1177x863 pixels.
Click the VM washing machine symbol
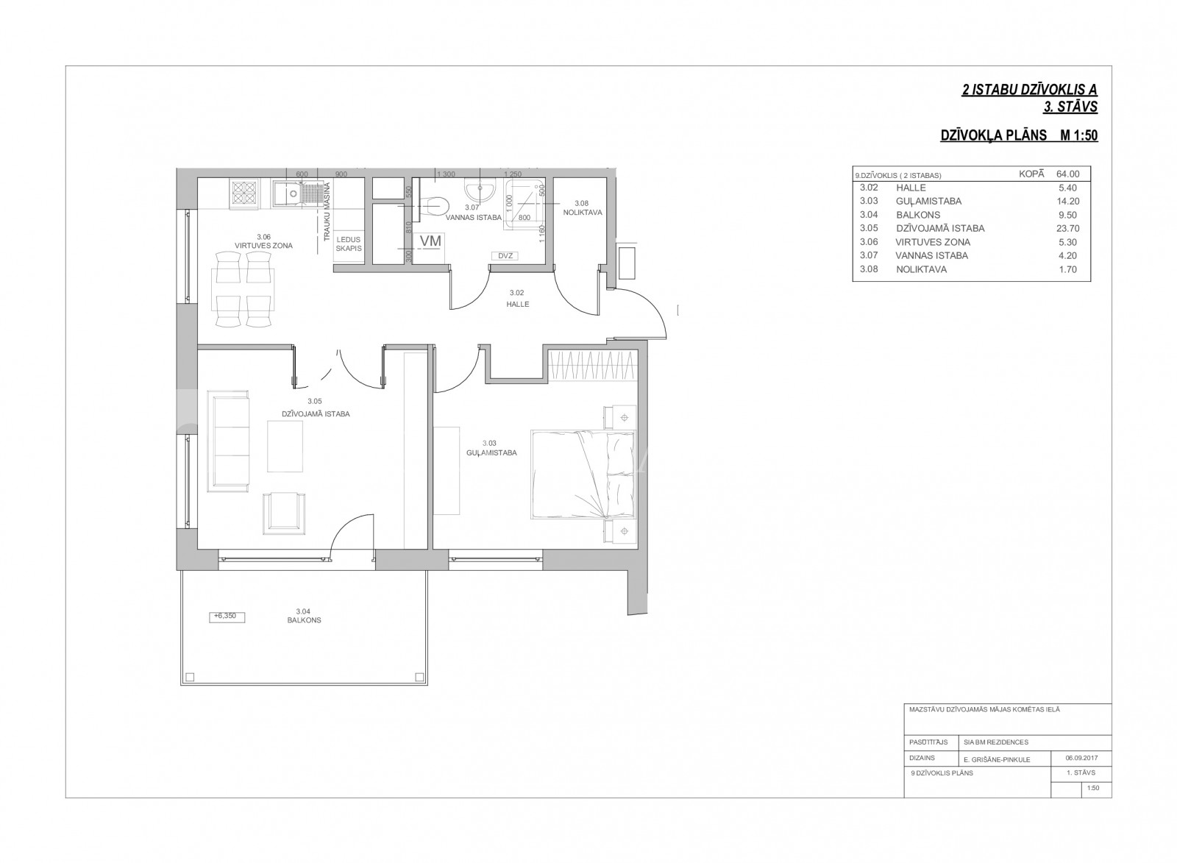click(430, 241)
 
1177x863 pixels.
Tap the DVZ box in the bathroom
click(505, 256)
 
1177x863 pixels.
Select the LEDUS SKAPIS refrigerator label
click(349, 244)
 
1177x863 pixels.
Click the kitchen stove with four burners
click(245, 193)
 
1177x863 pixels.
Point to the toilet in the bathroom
click(433, 206)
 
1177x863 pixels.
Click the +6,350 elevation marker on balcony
click(227, 617)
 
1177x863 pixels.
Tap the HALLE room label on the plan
click(518, 305)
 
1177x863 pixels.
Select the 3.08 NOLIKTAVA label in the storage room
click(582, 208)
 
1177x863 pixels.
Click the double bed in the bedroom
click(583, 475)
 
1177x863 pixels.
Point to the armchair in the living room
click(284, 513)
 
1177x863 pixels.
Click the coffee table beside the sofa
click(285, 447)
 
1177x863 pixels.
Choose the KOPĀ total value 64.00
click(1067, 174)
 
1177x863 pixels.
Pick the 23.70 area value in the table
click(1067, 229)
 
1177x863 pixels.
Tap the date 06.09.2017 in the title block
click(1081, 759)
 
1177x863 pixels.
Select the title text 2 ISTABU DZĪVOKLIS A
click(1029, 90)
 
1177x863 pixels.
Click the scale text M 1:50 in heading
click(1078, 135)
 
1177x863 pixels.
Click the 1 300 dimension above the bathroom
click(446, 174)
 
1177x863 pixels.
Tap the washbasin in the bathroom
click(480, 191)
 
